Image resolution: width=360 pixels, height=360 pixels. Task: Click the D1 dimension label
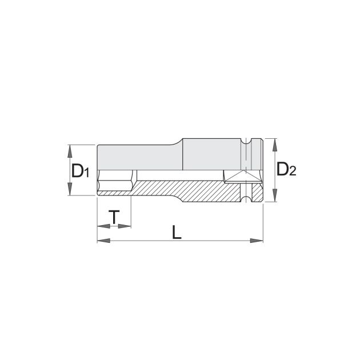click(x=81, y=170)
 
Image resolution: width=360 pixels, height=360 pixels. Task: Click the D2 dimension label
click(x=286, y=169)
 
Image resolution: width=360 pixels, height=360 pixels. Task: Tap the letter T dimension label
click(x=114, y=217)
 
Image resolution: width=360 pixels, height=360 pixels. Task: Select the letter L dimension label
click(x=177, y=232)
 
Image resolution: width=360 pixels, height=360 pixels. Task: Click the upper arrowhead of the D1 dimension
click(x=70, y=151)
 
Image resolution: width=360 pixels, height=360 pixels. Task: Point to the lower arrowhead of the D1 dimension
click(x=70, y=189)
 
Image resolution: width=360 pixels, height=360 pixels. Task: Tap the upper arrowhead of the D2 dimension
click(x=274, y=145)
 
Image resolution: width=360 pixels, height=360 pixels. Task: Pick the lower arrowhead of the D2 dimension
click(x=274, y=195)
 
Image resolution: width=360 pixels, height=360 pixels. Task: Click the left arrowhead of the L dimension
click(x=104, y=241)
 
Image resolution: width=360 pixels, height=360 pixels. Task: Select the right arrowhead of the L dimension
click(x=257, y=241)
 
